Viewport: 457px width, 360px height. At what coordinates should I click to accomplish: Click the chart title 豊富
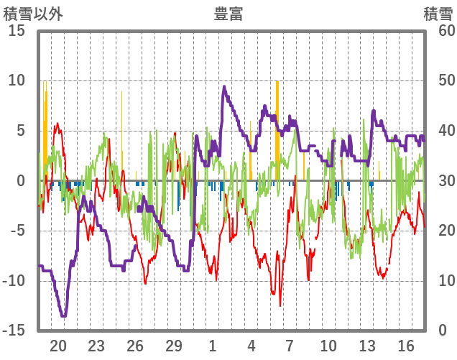228,13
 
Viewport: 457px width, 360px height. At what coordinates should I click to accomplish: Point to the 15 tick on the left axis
17,31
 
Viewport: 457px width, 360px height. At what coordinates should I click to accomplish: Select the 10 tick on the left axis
17,80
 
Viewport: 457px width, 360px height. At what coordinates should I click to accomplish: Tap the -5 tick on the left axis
17,231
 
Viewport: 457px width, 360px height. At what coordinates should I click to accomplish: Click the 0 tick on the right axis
443,330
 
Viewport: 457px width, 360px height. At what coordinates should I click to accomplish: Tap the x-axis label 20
58,346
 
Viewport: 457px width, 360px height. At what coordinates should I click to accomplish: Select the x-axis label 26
135,346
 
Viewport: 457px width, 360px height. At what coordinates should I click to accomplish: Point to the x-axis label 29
174,346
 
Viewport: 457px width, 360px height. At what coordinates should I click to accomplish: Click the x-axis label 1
213,346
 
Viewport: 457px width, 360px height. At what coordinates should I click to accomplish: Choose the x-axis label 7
290,346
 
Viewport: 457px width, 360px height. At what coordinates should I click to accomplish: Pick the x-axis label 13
367,346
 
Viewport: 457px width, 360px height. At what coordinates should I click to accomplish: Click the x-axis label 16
406,346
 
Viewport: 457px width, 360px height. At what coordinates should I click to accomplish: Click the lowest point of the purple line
63,315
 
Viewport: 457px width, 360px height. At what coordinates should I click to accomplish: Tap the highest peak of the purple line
224,87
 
